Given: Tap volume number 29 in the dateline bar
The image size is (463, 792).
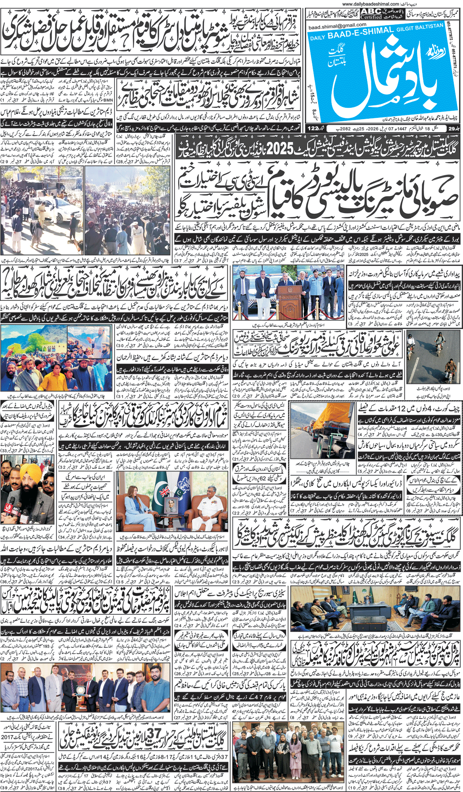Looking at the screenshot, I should (x=452, y=128).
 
